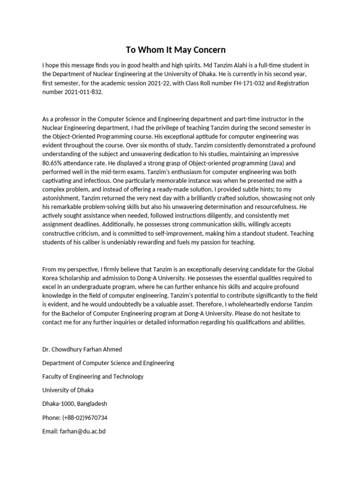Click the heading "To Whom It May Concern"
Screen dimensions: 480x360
pyautogui.click(x=175, y=50)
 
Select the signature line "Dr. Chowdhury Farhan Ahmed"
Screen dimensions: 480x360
pyautogui.click(x=82, y=349)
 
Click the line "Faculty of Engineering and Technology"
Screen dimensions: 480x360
pyautogui.click(x=93, y=376)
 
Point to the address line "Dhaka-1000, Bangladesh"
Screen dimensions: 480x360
pyautogui.click(x=74, y=404)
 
